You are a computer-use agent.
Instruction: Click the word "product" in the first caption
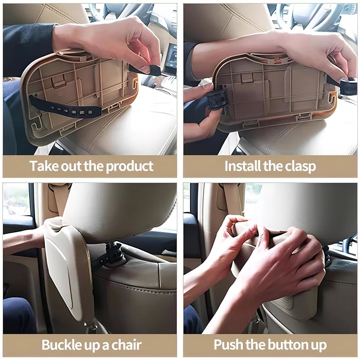click(x=130, y=166)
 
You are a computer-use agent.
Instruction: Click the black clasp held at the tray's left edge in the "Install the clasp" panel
click(x=217, y=98)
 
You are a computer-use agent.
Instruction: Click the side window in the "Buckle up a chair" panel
click(x=17, y=199)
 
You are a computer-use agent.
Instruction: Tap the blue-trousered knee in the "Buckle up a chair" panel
click(x=18, y=315)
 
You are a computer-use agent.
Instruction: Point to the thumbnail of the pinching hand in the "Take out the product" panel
click(x=145, y=68)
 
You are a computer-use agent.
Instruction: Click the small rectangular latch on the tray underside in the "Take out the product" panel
click(x=58, y=81)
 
